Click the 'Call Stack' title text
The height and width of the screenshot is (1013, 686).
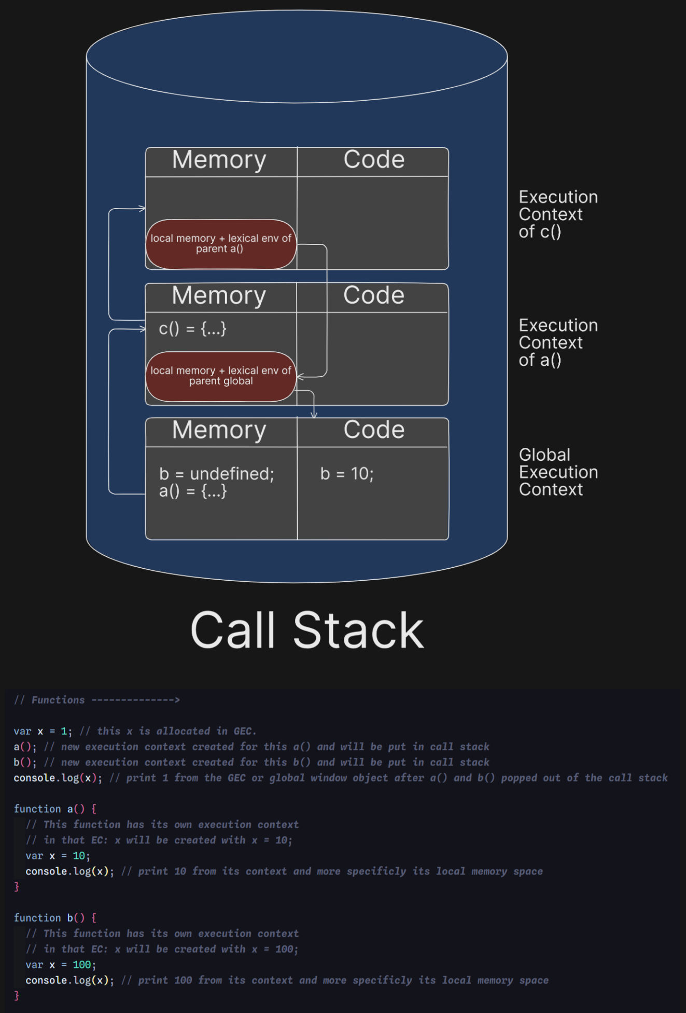(x=307, y=630)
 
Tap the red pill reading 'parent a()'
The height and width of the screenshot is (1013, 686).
(x=221, y=244)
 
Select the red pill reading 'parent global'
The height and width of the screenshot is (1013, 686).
(x=221, y=376)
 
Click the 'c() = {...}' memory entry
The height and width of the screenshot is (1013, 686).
(x=192, y=328)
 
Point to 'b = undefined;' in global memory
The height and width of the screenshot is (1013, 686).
(x=216, y=473)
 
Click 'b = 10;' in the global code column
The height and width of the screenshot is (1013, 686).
(x=347, y=473)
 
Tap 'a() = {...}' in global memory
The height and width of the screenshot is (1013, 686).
(x=192, y=491)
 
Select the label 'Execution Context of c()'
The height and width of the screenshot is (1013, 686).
(x=558, y=214)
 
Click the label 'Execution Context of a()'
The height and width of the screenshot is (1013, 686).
(x=558, y=343)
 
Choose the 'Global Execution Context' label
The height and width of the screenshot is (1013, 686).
(x=558, y=472)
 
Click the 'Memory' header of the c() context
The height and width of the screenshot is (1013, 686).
(x=219, y=160)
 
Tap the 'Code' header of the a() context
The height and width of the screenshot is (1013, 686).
(x=373, y=295)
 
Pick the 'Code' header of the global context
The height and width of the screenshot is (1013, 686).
(x=373, y=430)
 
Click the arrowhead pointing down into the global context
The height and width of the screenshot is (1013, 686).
(x=314, y=414)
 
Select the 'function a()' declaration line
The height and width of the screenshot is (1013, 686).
(x=54, y=809)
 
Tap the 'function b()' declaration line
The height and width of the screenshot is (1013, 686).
(x=54, y=918)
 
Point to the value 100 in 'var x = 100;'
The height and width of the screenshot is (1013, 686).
(x=82, y=965)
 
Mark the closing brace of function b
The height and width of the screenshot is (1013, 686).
(x=17, y=995)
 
